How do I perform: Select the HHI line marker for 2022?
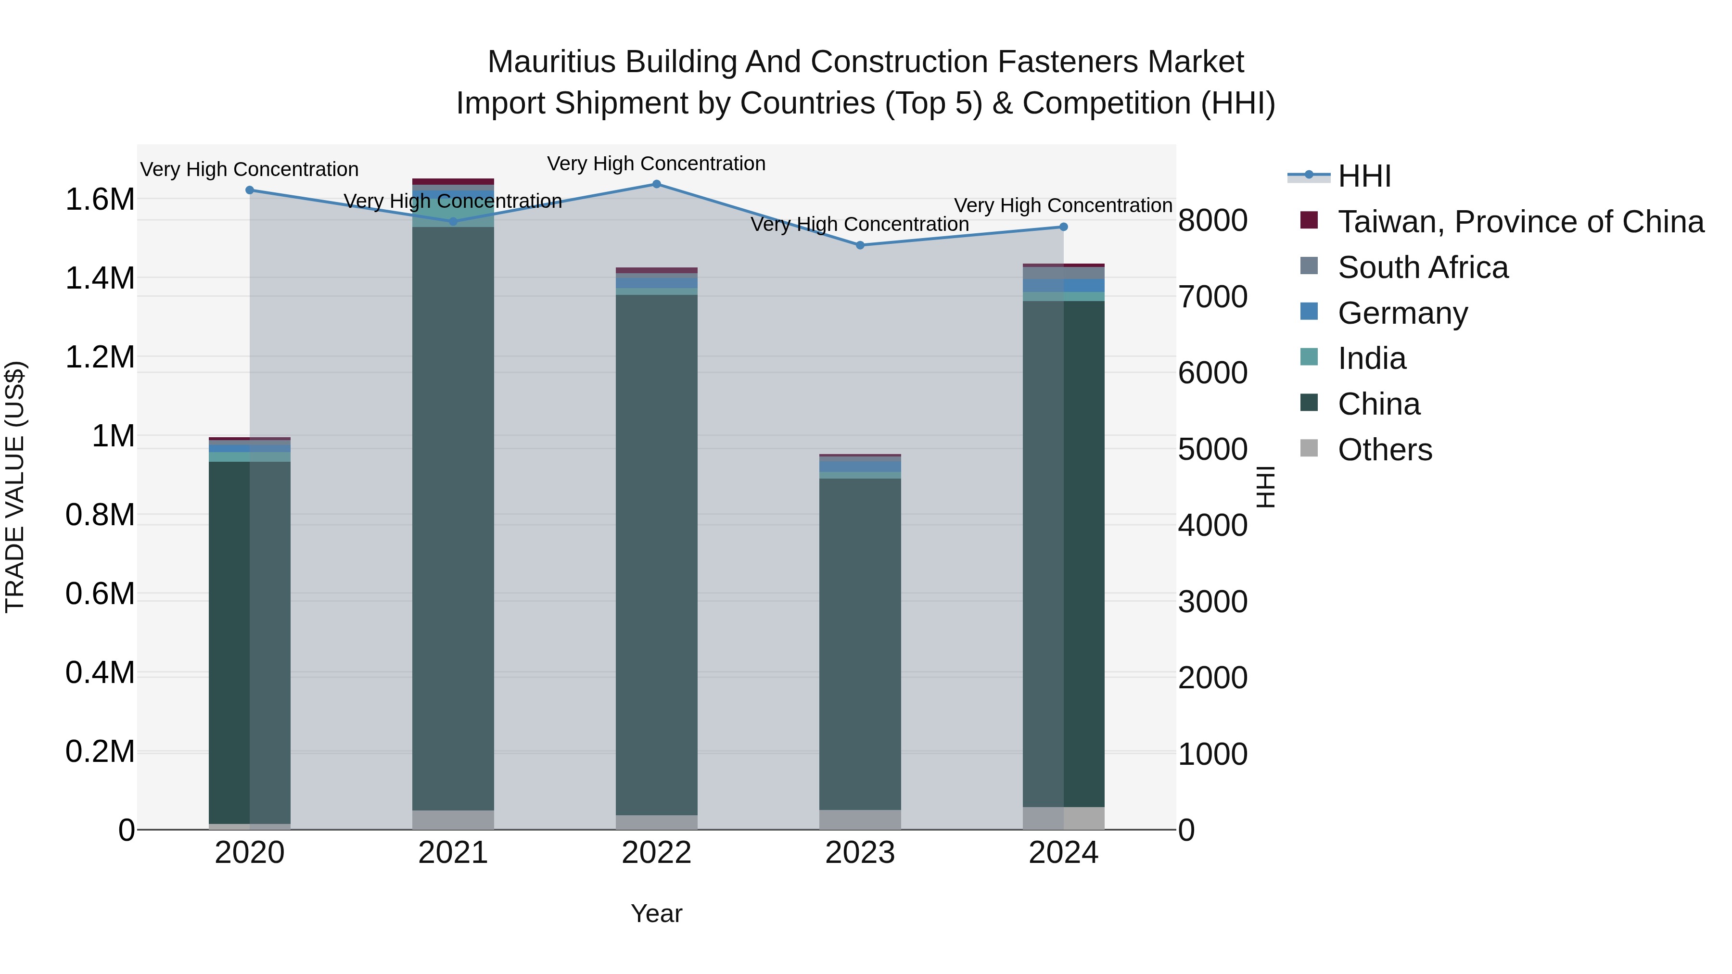[656, 184]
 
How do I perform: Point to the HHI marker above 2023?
[860, 245]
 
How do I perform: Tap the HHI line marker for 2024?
[1063, 227]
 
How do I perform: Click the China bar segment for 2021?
[453, 518]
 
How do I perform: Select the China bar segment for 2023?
[860, 644]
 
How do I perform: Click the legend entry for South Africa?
[1422, 267]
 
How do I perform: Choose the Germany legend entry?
[1402, 313]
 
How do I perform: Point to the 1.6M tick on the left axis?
[100, 200]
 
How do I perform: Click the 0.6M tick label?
[100, 594]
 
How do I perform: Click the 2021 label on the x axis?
[453, 853]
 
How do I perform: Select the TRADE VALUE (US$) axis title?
[15, 487]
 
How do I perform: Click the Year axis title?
[656, 913]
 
